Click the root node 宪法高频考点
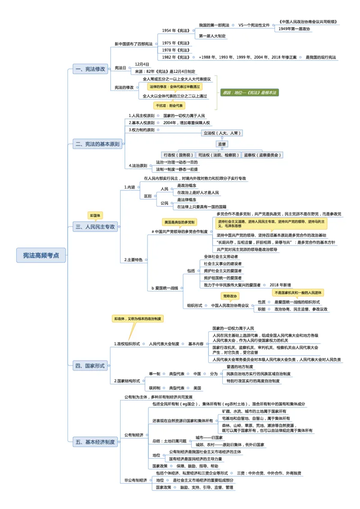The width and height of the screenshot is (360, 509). point(41,255)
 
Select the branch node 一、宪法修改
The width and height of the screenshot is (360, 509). point(90,69)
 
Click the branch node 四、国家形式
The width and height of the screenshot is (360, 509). point(90,366)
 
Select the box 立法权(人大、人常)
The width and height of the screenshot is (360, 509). point(222,133)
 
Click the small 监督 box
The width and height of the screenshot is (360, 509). point(222,144)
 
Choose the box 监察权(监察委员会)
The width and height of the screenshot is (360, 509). point(263,155)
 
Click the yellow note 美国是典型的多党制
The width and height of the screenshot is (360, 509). point(180,222)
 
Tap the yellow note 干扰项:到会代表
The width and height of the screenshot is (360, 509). point(170,106)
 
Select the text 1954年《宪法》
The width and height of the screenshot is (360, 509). point(176,31)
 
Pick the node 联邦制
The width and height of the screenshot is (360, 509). point(154,388)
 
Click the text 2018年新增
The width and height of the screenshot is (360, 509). point(280,285)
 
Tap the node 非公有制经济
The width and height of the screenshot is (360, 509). point(136,480)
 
